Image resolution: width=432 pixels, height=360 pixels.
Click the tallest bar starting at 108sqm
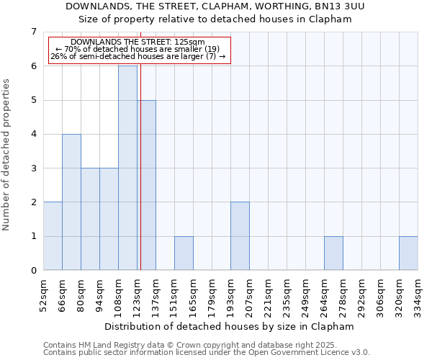127,168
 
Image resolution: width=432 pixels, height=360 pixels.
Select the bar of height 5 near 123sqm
147,185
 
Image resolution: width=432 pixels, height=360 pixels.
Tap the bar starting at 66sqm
71,202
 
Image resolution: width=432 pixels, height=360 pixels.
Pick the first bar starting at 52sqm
53,236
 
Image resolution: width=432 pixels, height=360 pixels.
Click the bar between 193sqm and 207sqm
240,236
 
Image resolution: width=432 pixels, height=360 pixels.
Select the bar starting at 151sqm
184,253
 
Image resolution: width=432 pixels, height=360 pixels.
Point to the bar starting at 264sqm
333,253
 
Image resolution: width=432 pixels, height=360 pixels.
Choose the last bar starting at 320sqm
408,253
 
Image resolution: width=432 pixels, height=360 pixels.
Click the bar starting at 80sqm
90,219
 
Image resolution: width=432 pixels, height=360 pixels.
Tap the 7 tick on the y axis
33,32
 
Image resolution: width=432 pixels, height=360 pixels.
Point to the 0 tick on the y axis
33,271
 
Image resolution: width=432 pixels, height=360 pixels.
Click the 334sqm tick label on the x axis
418,296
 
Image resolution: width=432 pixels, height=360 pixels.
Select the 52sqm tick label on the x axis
43,295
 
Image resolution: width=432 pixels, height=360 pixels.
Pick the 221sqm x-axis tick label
268,296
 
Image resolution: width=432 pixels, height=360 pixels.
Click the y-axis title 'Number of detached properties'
8,155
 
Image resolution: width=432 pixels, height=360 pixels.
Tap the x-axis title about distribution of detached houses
229,327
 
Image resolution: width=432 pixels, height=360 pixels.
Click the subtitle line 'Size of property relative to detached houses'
214,19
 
